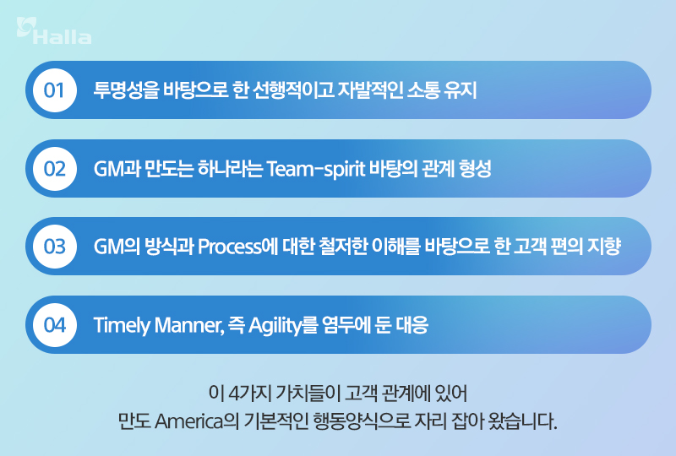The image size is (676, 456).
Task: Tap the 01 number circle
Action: [55, 90]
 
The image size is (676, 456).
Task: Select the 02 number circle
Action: [55, 169]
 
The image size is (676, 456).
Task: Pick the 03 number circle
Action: [55, 247]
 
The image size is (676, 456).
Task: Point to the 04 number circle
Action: [55, 325]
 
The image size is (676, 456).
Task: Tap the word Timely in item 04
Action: [119, 325]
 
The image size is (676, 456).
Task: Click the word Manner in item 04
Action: [183, 325]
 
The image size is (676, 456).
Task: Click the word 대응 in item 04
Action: [409, 325]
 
